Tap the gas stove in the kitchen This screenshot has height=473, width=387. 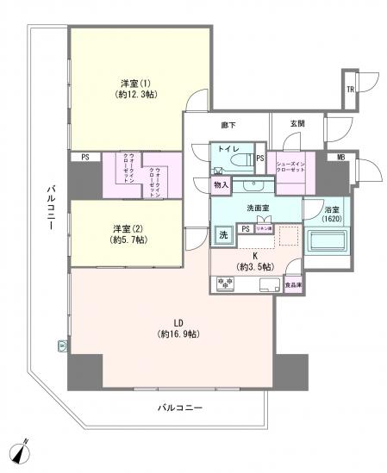(x=224, y=283)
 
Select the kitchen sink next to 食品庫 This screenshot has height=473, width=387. (x=268, y=284)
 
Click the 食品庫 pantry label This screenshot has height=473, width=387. (x=294, y=283)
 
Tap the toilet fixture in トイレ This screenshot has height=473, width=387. (x=247, y=160)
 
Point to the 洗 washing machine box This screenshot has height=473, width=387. (x=222, y=234)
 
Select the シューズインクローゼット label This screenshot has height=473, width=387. (x=294, y=165)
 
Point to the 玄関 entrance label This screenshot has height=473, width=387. (x=296, y=125)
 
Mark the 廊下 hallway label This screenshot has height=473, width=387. (x=228, y=126)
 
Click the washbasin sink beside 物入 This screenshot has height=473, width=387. (x=253, y=184)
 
